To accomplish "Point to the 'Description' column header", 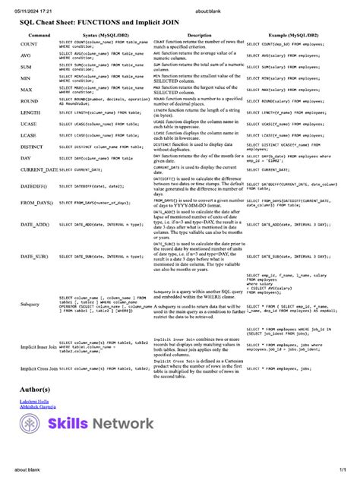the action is [199, 36].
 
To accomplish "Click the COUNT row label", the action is [30, 45].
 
